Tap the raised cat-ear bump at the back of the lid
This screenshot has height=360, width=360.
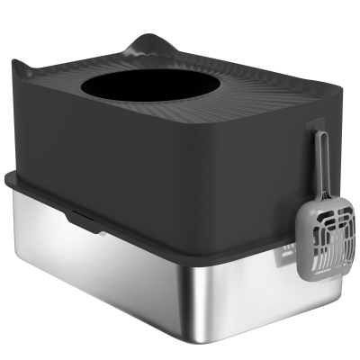pos(148,43)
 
